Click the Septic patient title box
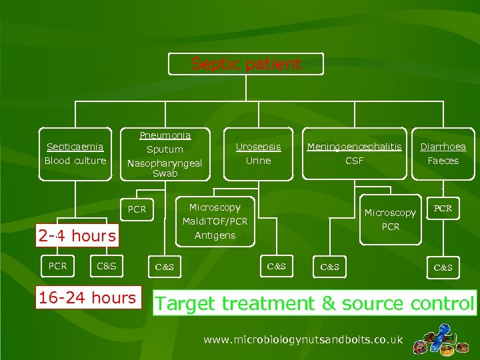246,64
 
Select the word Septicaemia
75,147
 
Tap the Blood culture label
75,161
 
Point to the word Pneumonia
165,135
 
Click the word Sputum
165,149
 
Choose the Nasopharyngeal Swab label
165,167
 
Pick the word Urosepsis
258,147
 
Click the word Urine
258,161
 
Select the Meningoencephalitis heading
354,147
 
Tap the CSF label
354,161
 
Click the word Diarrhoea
443,147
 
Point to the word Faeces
443,161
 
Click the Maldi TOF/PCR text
215,221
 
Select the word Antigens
215,235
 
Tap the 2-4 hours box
77,235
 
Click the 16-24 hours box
87,297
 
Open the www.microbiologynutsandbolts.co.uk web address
303,340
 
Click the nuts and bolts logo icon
439,339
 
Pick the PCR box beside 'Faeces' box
443,209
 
